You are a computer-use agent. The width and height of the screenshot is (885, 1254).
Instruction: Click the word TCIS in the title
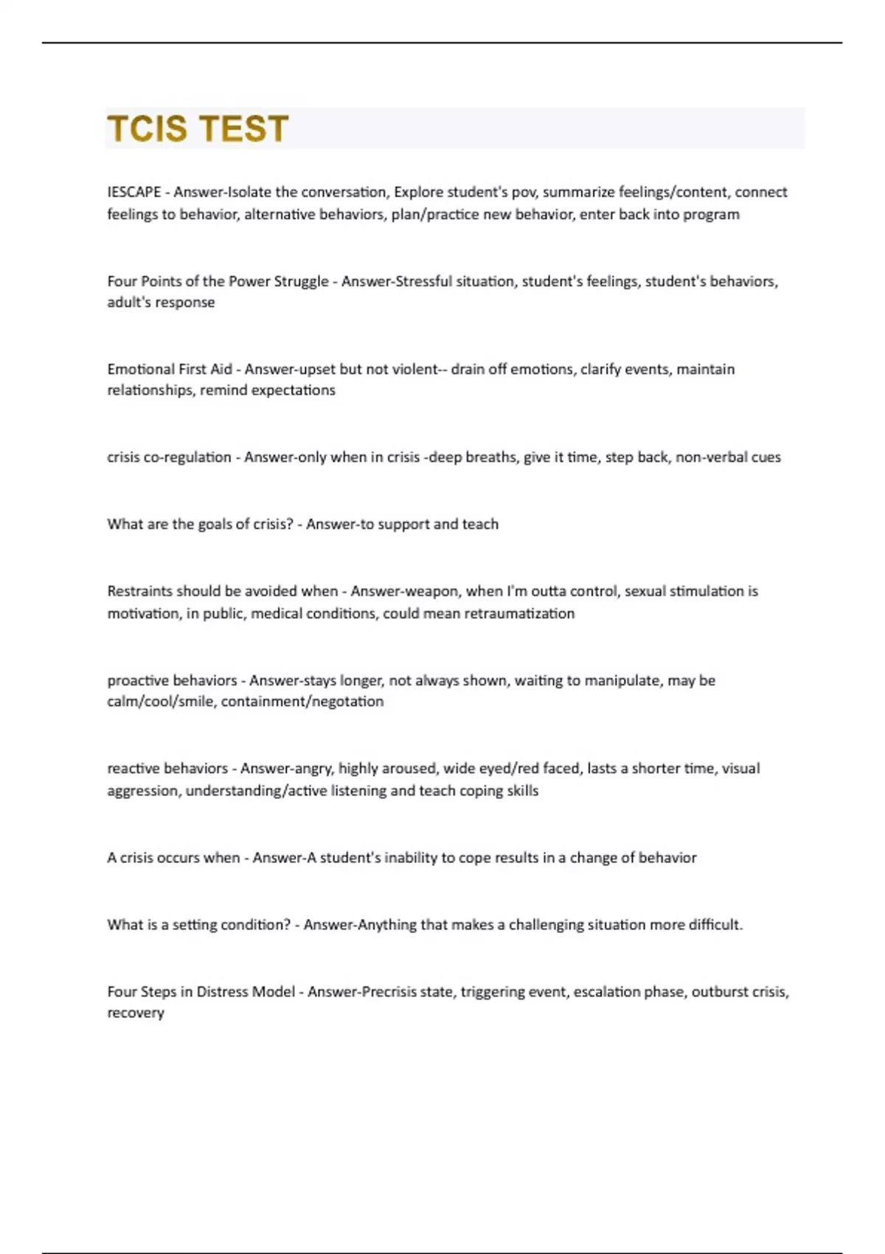[147, 128]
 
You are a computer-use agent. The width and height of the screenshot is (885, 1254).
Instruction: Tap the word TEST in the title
[243, 128]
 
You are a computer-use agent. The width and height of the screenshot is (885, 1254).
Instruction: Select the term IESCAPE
[134, 192]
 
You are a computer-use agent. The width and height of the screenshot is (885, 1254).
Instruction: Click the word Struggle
[302, 281]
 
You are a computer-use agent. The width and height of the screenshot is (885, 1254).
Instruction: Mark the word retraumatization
[519, 614]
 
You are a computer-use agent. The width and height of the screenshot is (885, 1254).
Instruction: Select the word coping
[481, 791]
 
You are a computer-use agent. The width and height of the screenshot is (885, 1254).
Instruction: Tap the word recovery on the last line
[136, 1014]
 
